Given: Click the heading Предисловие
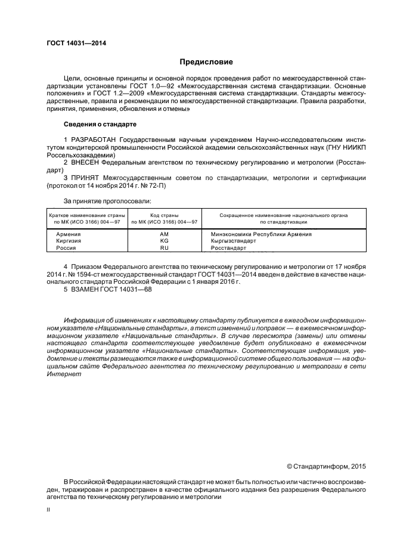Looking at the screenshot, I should [206, 62].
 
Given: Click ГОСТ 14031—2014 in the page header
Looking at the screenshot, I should [72, 44].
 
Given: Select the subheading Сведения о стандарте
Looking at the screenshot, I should [100, 124].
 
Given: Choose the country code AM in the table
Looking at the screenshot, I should [165, 234].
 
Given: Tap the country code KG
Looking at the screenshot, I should [165, 241].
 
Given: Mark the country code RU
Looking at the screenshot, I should [165, 247].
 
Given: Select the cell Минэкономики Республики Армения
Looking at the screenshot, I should [261, 234].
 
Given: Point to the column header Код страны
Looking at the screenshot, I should [165, 215].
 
